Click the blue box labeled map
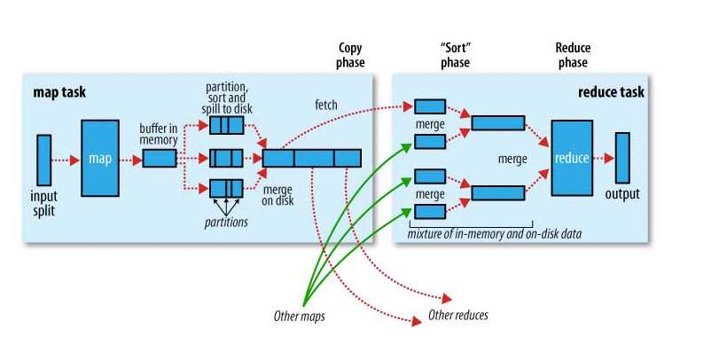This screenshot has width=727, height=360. tap(99, 160)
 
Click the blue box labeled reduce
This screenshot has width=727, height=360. tap(571, 158)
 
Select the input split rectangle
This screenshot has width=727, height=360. tap(43, 160)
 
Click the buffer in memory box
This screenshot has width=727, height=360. tap(160, 159)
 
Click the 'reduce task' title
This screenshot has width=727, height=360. tap(610, 91)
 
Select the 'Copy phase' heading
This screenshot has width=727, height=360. tap(351, 55)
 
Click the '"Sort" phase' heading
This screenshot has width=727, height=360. tap(454, 55)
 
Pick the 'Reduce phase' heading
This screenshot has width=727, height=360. tap(572, 55)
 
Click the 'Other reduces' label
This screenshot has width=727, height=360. tap(457, 315)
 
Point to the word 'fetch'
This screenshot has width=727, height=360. tap(325, 105)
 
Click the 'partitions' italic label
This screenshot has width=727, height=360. tap(223, 222)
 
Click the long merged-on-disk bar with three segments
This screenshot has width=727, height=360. tap(312, 159)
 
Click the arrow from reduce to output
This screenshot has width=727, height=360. tap(603, 158)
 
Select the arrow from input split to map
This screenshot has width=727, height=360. tap(66, 160)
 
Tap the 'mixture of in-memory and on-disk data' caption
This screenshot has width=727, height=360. tap(490, 232)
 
